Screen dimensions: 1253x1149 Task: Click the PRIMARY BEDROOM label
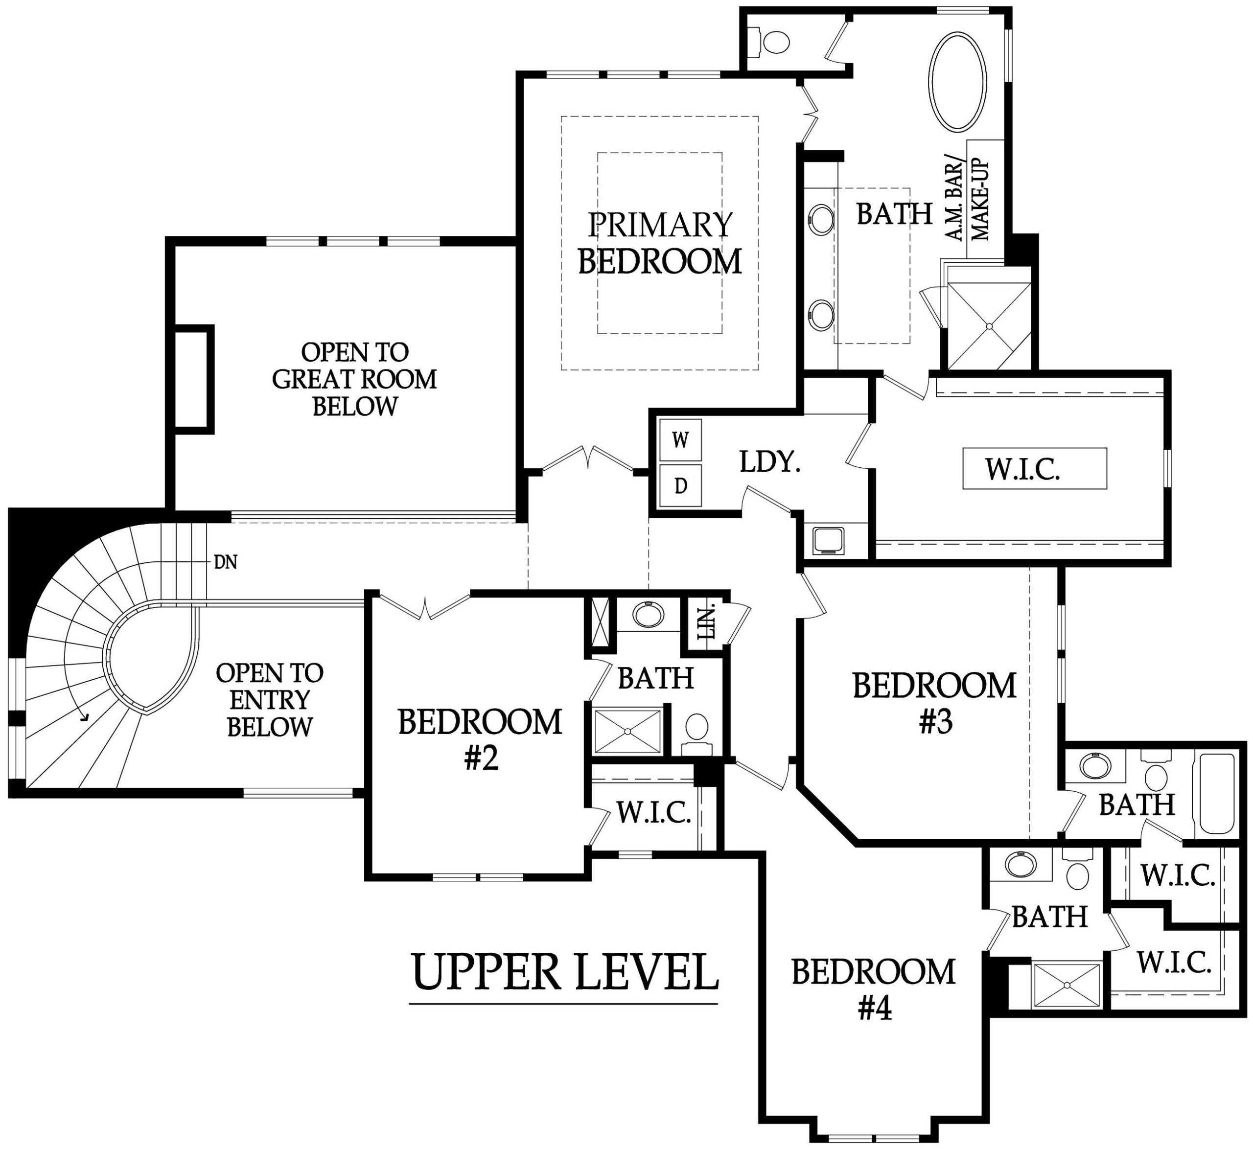[660, 243]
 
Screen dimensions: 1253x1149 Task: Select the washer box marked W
[681, 440]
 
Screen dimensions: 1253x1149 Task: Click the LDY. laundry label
[770, 461]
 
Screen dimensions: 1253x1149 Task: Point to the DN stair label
[225, 562]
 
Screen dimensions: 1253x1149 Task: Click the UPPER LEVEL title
[565, 972]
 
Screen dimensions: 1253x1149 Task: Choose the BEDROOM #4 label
[874, 990]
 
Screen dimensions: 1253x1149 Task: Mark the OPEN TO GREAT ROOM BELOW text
[354, 379]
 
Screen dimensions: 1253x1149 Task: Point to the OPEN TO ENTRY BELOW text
[269, 699]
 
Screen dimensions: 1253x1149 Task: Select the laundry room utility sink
[828, 540]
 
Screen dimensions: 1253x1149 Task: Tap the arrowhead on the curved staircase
[85, 717]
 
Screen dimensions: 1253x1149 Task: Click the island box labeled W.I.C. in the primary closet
[1035, 468]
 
